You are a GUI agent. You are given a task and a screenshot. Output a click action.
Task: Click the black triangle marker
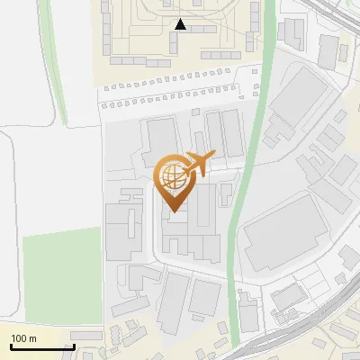click(180, 24)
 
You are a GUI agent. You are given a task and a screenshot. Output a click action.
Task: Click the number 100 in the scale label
click(20, 339)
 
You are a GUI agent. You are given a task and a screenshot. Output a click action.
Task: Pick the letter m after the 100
click(33, 339)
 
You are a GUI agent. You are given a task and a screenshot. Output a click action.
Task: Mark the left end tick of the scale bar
click(12, 346)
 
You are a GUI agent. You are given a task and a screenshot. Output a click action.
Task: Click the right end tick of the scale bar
click(74, 346)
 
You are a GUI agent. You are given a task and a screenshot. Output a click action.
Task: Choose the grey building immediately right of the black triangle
click(202, 29)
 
